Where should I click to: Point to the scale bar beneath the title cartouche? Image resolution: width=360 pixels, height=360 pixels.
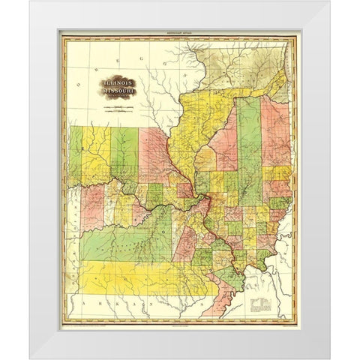[114, 110]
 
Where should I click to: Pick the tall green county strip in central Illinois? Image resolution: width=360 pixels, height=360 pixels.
[248, 150]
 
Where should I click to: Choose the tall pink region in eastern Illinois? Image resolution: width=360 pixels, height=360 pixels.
[276, 135]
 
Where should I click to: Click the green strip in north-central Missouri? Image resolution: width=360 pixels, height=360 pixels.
[124, 154]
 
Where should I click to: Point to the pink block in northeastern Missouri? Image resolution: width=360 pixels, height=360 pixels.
[154, 154]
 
